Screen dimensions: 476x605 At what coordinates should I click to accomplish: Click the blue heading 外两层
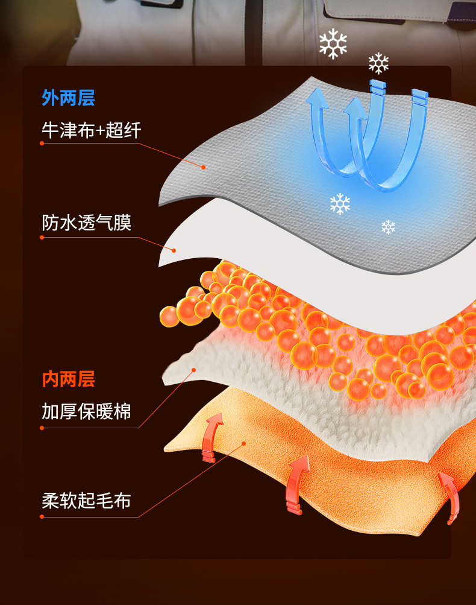click(x=68, y=98)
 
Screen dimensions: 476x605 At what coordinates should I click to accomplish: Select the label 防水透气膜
click(x=86, y=223)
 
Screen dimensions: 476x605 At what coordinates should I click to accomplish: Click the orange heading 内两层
click(x=68, y=379)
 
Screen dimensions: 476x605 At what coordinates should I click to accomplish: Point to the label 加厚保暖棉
click(x=86, y=412)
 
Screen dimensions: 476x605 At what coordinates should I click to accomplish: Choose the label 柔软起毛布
click(x=86, y=501)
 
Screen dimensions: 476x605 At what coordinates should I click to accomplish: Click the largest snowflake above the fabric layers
click(x=333, y=44)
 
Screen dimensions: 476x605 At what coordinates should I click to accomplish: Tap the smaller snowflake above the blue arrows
click(x=378, y=63)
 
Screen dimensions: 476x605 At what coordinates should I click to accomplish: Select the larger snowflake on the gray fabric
click(x=340, y=204)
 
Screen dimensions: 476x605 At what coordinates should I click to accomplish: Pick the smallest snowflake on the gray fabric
click(x=388, y=227)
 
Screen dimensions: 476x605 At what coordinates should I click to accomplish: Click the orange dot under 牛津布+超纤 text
click(x=42, y=143)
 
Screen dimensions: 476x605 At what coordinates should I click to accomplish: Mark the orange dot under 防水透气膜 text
click(x=42, y=237)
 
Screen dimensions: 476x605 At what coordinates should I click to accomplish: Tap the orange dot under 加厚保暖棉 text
click(x=42, y=428)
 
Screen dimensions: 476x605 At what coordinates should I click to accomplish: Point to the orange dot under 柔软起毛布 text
click(x=42, y=516)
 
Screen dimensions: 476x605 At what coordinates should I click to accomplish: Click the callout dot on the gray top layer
click(x=204, y=166)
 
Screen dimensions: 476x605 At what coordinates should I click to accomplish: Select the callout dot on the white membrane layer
click(x=174, y=250)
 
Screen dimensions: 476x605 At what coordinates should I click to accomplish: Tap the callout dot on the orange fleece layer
click(x=243, y=443)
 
